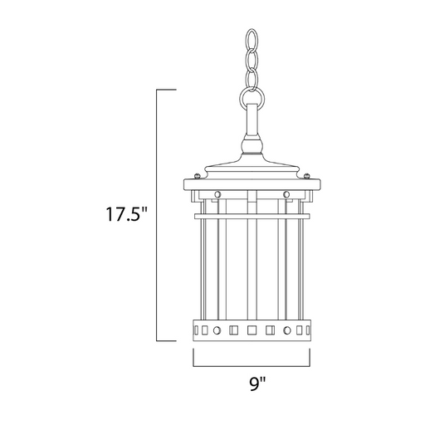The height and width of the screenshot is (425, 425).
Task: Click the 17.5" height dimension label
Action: [x=126, y=213]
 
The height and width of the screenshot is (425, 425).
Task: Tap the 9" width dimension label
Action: [x=257, y=383]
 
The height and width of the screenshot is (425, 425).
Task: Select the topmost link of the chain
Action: [x=252, y=40]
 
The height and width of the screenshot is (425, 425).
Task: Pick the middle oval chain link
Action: [x=252, y=61]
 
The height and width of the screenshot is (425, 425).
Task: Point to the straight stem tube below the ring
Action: [x=252, y=120]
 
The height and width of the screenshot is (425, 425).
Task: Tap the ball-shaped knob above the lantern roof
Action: [x=252, y=144]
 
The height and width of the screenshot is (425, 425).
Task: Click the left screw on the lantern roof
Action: [x=197, y=175]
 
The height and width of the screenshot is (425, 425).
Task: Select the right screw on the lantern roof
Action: [x=306, y=175]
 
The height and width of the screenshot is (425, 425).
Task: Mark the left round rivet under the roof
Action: [x=217, y=194]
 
